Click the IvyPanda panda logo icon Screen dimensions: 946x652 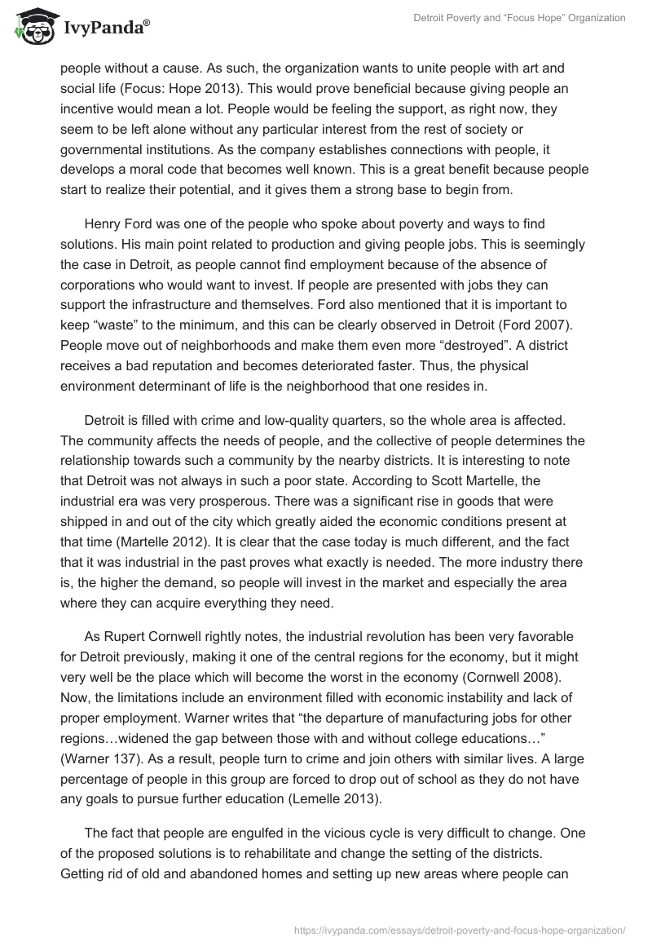click(33, 26)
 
